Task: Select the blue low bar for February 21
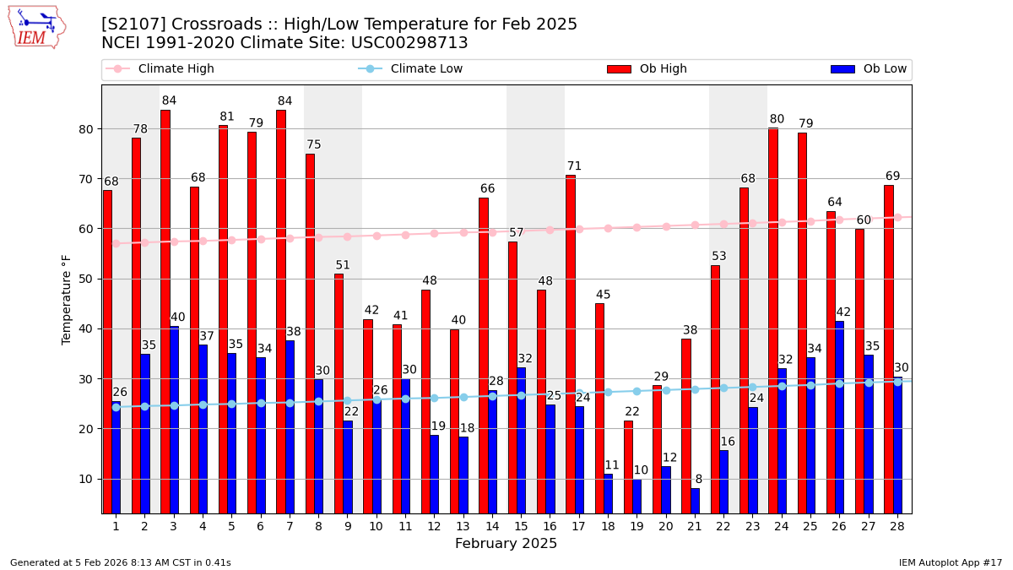[x=695, y=500]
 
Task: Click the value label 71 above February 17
[x=574, y=166]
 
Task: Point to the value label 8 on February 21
[x=698, y=480]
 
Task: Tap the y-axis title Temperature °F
[x=67, y=299]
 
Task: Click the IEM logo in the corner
[x=36, y=27]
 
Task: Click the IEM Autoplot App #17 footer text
[x=950, y=562]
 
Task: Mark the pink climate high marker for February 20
[x=666, y=226]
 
